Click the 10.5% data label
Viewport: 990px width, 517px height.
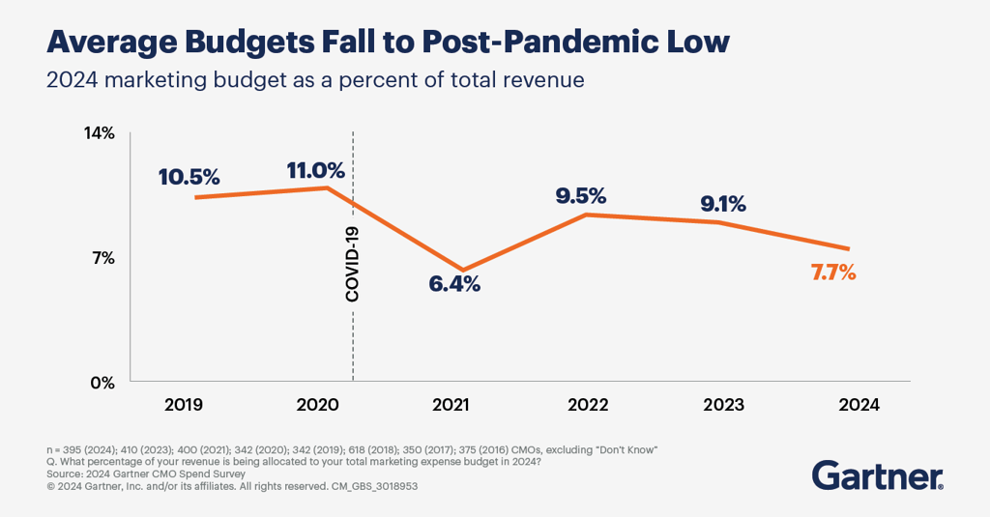tap(190, 178)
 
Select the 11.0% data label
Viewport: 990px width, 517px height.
tap(316, 170)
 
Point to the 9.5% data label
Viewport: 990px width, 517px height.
tap(581, 196)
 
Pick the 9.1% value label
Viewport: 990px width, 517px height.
tap(723, 204)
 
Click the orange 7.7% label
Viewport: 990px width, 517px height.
tap(833, 273)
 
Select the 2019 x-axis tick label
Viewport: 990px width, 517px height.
tap(184, 406)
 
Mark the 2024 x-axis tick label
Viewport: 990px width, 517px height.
tap(859, 406)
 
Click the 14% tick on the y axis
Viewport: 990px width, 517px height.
tap(101, 133)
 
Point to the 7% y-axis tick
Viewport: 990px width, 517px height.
tap(103, 258)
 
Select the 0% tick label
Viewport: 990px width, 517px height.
tap(102, 383)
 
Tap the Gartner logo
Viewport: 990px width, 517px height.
tap(877, 475)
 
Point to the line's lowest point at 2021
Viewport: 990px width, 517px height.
tap(462, 270)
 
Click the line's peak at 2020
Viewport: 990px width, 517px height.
tap(327, 187)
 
